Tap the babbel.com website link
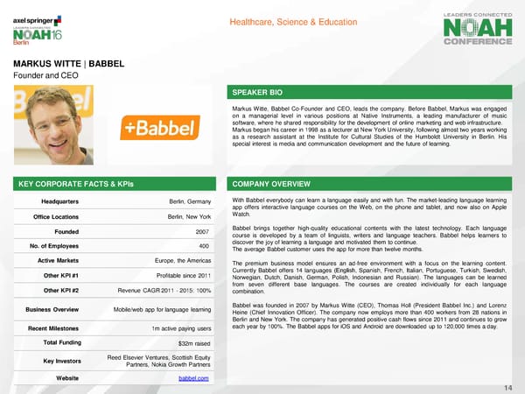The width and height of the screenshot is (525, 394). coord(193,376)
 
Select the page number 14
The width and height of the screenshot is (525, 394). coord(508,387)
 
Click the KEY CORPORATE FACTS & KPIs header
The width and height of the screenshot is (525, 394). coord(69,185)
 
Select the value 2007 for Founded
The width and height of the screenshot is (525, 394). coord(200,232)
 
